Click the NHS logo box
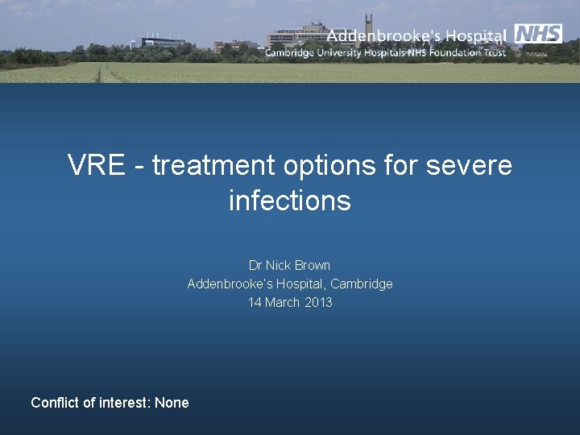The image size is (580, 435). click(x=538, y=34)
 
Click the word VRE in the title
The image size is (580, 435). click(x=96, y=165)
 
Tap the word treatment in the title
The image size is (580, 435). click(x=212, y=165)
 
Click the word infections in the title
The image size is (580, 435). click(x=289, y=200)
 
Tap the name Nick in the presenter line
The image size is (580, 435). click(x=277, y=265)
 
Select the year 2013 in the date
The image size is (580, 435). click(x=318, y=302)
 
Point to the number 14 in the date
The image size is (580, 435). click(x=255, y=302)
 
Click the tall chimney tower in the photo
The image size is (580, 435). click(x=369, y=23)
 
